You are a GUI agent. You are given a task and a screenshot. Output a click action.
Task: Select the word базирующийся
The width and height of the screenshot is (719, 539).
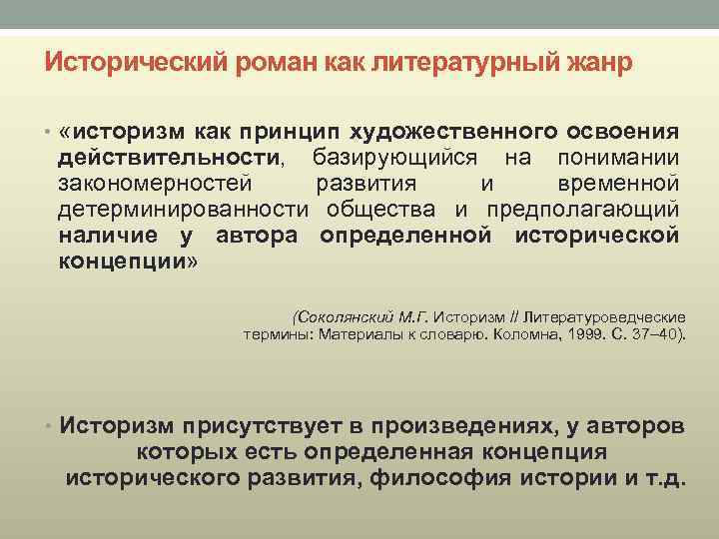(x=395, y=158)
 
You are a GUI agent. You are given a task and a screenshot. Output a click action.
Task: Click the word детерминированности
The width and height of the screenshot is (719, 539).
(x=186, y=210)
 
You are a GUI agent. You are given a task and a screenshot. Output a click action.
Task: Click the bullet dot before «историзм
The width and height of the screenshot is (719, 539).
(x=48, y=134)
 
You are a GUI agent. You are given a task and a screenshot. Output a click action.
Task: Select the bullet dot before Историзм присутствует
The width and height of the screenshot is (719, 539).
(x=48, y=427)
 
